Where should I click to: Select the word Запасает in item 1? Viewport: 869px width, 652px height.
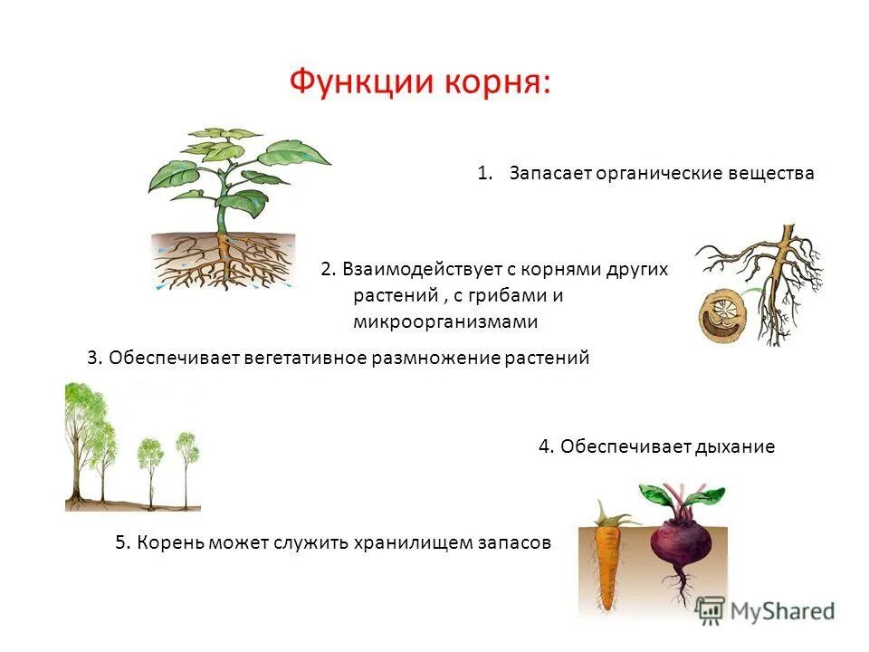pyautogui.click(x=549, y=172)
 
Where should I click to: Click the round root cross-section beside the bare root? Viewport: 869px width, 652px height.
pyautogui.click(x=721, y=310)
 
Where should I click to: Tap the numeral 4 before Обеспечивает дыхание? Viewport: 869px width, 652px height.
pyautogui.click(x=544, y=446)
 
